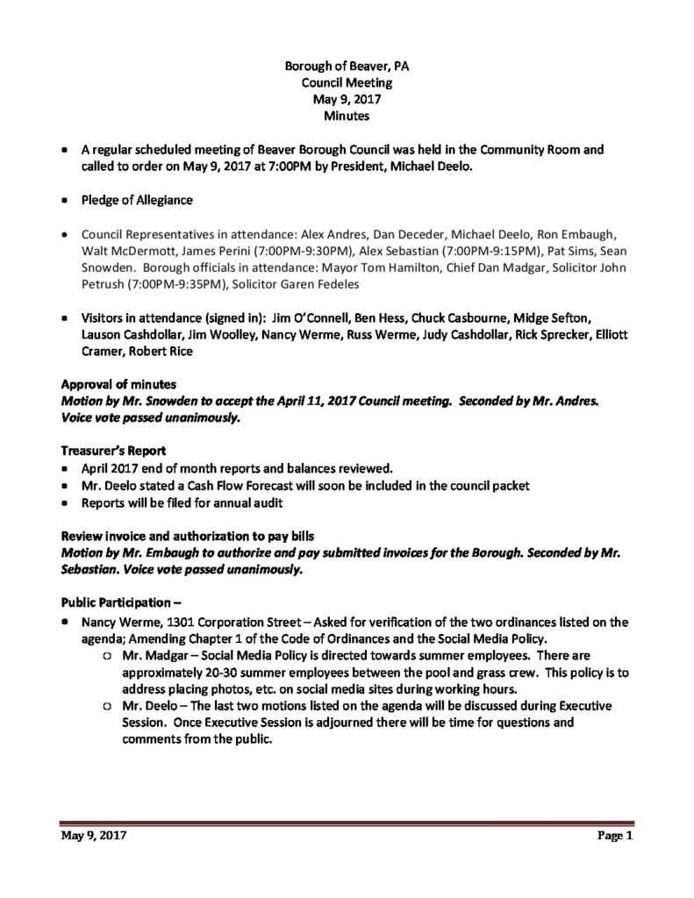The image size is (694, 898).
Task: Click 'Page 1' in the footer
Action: tap(614, 837)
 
